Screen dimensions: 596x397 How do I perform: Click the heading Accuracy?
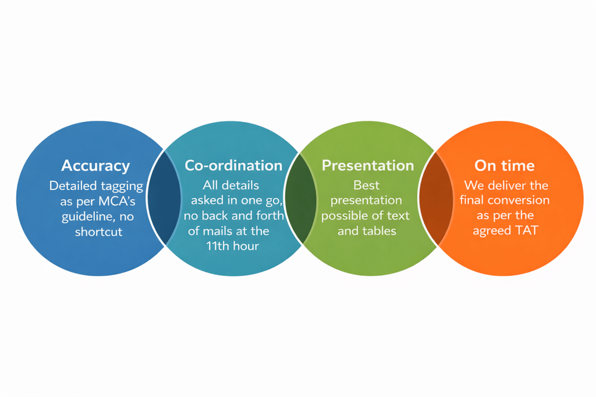95,166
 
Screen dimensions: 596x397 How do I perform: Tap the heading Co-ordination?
233,166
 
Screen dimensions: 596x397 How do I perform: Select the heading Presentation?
368,166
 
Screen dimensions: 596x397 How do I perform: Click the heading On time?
505,166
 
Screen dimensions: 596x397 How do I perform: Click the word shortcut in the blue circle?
98,231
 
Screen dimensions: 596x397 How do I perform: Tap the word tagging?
119,187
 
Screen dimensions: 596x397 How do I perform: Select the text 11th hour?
232,246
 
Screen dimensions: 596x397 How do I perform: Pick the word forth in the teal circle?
270,216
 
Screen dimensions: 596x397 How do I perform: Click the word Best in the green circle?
367,185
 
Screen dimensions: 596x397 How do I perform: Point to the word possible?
345,216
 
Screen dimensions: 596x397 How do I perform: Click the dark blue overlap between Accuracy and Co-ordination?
164,198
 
